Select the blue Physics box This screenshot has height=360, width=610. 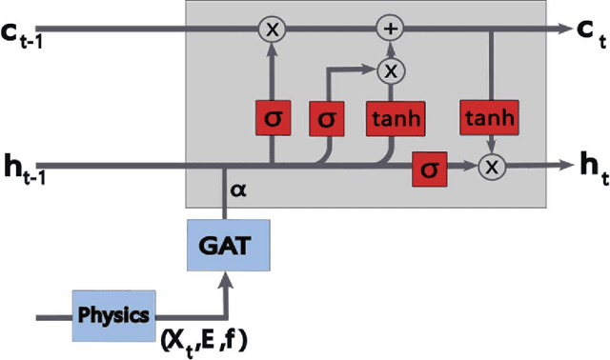coord(114,313)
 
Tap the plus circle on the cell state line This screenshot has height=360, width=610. coord(390,29)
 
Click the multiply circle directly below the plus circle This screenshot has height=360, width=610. coord(390,70)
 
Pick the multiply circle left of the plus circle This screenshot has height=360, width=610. coord(273,30)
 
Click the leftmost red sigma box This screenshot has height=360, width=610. coord(273,119)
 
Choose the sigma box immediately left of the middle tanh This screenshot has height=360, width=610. coord(327,119)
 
